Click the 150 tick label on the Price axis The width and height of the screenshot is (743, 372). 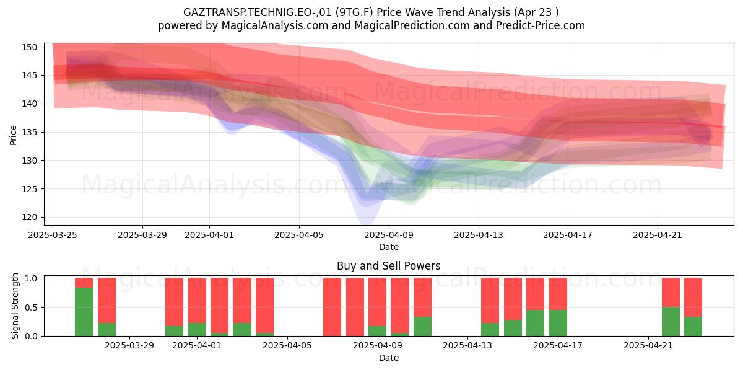29,47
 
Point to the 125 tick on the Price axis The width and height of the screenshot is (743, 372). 29,189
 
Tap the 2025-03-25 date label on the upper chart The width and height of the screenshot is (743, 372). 53,235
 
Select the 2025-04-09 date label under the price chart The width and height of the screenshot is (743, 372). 389,235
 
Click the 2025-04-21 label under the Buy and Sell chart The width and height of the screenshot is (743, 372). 648,346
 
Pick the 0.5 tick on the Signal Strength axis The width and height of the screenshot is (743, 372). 32,308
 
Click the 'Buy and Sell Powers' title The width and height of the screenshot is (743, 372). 389,266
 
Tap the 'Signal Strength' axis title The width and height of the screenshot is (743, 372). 15,306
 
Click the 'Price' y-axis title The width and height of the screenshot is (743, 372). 13,135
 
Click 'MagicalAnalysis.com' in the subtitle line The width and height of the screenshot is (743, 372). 275,25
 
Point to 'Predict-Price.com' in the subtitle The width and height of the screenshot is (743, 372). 541,25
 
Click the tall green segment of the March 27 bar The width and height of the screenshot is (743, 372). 84,312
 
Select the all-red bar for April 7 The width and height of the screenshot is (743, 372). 332,307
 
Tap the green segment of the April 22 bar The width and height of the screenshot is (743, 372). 671,322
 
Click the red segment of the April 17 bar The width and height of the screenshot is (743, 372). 558,294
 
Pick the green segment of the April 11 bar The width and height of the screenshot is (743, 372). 422,327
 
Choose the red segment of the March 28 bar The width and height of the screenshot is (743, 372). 106,301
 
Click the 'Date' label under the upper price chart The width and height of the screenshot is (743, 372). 389,247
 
